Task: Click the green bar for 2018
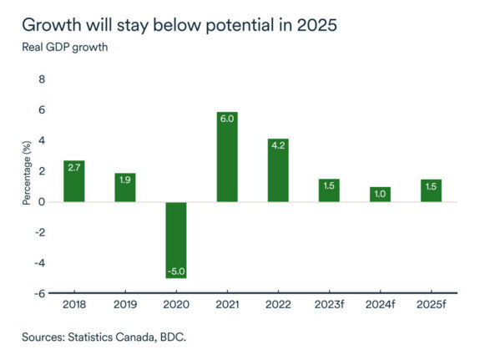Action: [x=74, y=180]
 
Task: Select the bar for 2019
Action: [x=125, y=187]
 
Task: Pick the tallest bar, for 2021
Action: [x=227, y=156]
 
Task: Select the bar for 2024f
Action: [x=380, y=194]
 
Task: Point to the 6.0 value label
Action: [x=227, y=119]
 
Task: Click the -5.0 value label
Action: [x=176, y=271]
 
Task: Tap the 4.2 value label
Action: [x=278, y=146]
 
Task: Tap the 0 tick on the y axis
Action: [x=43, y=201]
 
